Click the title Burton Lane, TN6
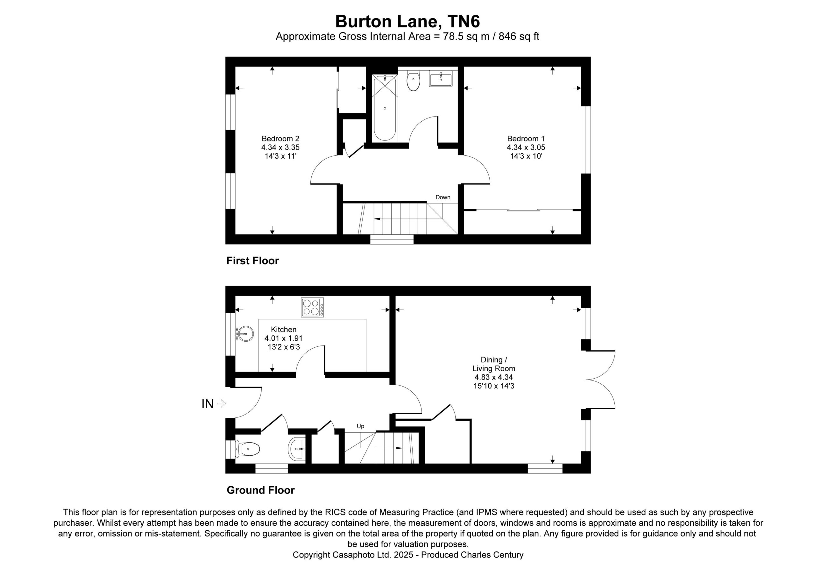tap(407, 22)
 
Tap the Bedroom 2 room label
tap(280, 147)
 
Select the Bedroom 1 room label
tap(526, 147)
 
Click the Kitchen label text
tap(284, 330)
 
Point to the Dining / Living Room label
tap(493, 373)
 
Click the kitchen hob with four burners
tap(312, 308)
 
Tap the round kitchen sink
tap(245, 334)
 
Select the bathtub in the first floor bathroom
tap(385, 108)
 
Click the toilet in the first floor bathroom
tap(414, 81)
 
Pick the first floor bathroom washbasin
tap(441, 78)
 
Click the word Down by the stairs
tap(443, 197)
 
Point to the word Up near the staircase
tap(361, 426)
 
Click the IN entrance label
tap(208, 404)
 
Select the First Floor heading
tap(253, 261)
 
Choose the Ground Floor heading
tap(261, 490)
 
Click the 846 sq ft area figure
tap(519, 37)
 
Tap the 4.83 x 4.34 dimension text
tap(493, 377)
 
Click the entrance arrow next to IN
tap(222, 404)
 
